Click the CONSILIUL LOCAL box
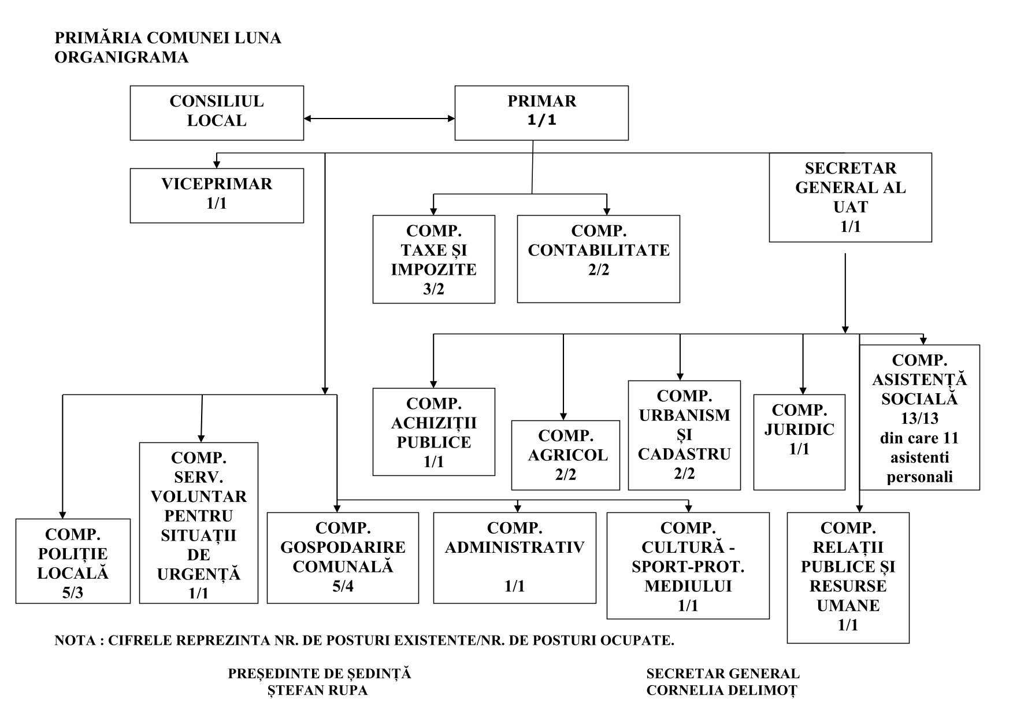(x=217, y=113)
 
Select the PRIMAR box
(x=541, y=113)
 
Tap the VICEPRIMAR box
(x=217, y=195)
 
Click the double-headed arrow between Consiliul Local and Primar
(x=379, y=119)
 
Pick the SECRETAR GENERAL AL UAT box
(x=850, y=197)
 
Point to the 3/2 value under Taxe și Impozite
(x=433, y=289)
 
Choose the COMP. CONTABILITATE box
(x=598, y=258)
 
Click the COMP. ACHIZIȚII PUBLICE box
(x=433, y=431)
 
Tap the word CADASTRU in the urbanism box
(x=684, y=454)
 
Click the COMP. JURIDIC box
(x=799, y=442)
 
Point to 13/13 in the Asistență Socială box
(x=919, y=418)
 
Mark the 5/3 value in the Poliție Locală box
(x=73, y=593)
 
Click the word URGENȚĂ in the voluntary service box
(x=199, y=574)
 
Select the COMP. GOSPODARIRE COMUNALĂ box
(x=343, y=557)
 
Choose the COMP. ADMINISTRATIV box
(x=514, y=557)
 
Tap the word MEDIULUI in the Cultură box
(x=688, y=586)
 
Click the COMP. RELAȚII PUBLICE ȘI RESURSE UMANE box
(x=848, y=577)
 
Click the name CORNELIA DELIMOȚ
(x=722, y=690)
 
